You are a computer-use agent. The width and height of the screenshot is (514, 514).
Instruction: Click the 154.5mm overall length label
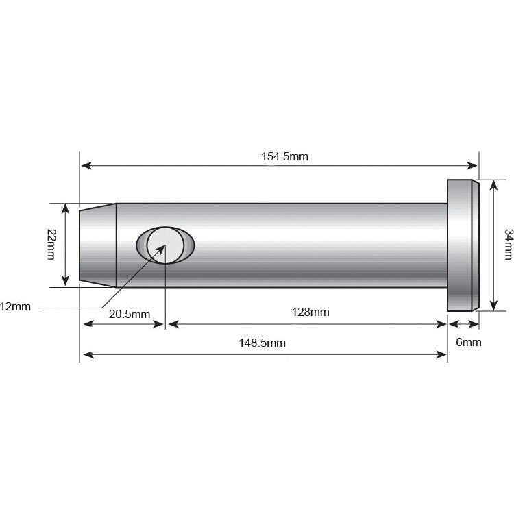(x=284, y=156)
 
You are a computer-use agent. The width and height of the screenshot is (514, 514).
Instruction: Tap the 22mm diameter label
(x=52, y=244)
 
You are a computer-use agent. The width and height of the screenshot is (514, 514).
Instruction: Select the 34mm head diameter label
(x=508, y=245)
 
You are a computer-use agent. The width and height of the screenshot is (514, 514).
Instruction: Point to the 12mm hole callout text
(x=15, y=307)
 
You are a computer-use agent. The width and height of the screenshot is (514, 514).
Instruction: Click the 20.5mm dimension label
(x=130, y=314)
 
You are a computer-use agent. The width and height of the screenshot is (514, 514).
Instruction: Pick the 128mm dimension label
(x=310, y=312)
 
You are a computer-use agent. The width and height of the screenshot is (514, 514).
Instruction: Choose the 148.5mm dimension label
(x=262, y=343)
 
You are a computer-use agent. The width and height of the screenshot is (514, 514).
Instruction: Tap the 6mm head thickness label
(x=469, y=342)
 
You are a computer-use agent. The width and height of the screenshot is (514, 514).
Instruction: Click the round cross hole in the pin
(x=166, y=245)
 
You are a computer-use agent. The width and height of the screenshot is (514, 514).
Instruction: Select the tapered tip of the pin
(x=98, y=245)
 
